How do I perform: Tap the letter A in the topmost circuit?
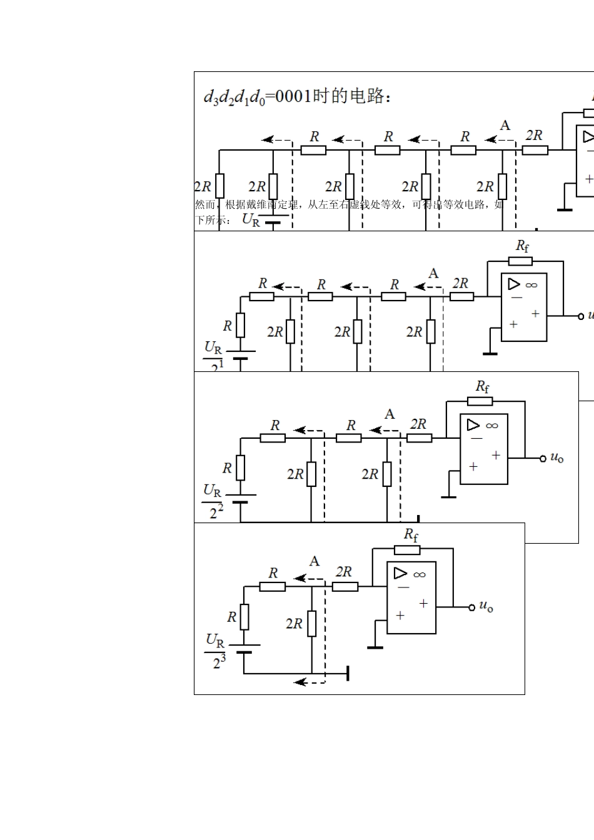tap(505, 126)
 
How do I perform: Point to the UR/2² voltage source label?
tap(213, 501)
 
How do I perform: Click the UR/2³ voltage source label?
tap(216, 651)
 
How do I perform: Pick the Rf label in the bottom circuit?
tap(411, 534)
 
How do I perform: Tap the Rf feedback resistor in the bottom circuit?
tap(407, 550)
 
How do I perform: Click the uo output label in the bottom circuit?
tap(486, 606)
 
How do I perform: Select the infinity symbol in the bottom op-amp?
tap(419, 574)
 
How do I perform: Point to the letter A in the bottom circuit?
tap(315, 561)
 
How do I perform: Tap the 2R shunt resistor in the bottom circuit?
tap(311, 623)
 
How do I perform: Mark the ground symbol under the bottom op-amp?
tap(375, 647)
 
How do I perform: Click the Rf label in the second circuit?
tap(522, 246)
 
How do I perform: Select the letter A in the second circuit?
tap(433, 274)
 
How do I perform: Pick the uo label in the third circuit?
tap(556, 458)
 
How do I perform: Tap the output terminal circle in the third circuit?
tap(543, 459)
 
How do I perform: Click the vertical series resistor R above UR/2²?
tap(240, 467)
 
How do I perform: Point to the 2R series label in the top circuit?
tap(534, 135)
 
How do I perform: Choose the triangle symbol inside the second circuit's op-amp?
tap(514, 284)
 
